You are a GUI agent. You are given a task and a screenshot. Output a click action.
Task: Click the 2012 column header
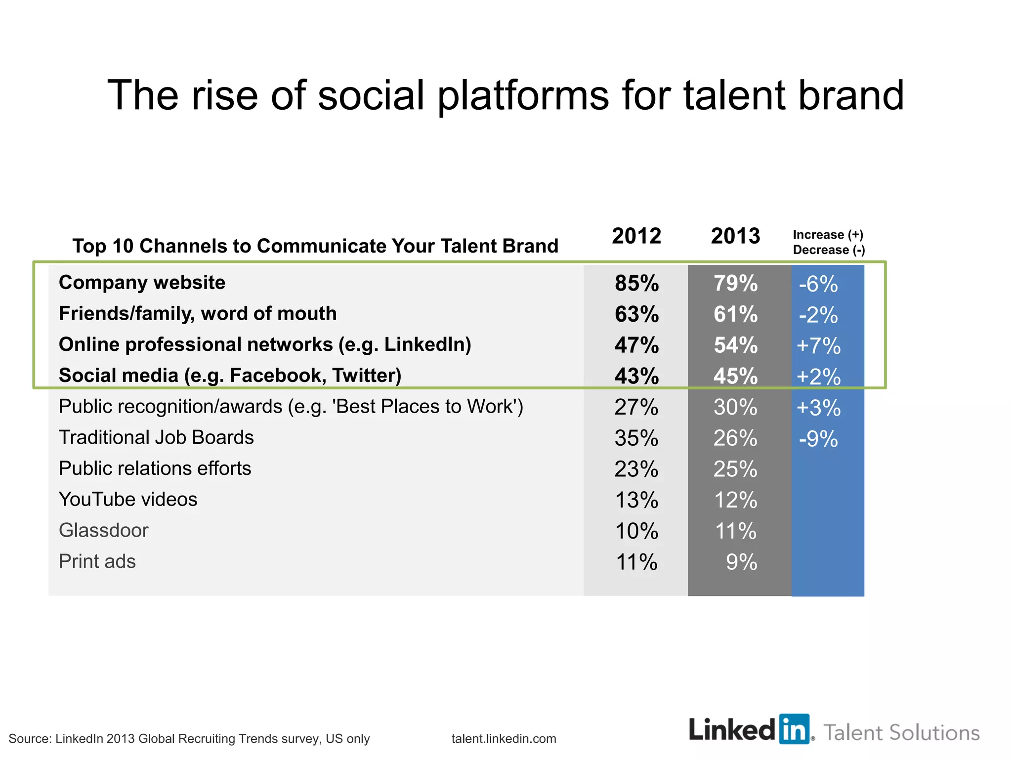(x=636, y=236)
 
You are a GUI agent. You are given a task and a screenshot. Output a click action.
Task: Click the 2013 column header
(x=735, y=236)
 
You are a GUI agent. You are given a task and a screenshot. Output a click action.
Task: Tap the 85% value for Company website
(x=636, y=283)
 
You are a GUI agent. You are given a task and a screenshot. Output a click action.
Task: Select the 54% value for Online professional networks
(x=735, y=345)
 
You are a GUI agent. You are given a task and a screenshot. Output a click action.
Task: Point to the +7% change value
(x=818, y=345)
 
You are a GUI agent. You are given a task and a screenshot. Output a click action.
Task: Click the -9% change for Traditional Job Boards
(x=818, y=439)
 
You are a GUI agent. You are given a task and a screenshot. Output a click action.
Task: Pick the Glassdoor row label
(x=103, y=530)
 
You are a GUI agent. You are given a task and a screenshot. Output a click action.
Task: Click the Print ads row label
(x=97, y=561)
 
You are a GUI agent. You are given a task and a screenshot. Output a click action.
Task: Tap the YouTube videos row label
(x=127, y=499)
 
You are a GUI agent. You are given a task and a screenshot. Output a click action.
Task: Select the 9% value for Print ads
(x=741, y=562)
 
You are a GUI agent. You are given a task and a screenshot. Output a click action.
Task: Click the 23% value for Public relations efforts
(x=636, y=469)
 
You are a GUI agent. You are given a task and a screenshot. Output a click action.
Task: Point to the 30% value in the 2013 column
(x=735, y=407)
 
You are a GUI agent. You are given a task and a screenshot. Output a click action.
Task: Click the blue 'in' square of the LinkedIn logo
(x=794, y=729)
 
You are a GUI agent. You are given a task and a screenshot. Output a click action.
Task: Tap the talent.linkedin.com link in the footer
(x=504, y=739)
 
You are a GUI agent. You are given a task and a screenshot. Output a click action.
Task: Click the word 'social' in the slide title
(x=371, y=95)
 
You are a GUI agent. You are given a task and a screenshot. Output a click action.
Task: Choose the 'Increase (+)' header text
(x=828, y=235)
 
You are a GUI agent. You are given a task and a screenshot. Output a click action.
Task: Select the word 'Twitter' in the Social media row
(x=366, y=376)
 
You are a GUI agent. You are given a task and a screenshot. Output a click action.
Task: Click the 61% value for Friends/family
(x=735, y=314)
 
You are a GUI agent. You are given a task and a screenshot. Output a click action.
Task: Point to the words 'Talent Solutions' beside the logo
(x=901, y=733)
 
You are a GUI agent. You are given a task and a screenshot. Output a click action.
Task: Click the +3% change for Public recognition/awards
(x=818, y=408)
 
